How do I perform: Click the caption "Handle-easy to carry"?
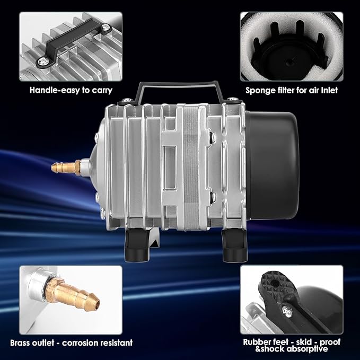71,90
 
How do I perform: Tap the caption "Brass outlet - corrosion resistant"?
75,343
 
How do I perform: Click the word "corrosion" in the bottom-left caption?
86,343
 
